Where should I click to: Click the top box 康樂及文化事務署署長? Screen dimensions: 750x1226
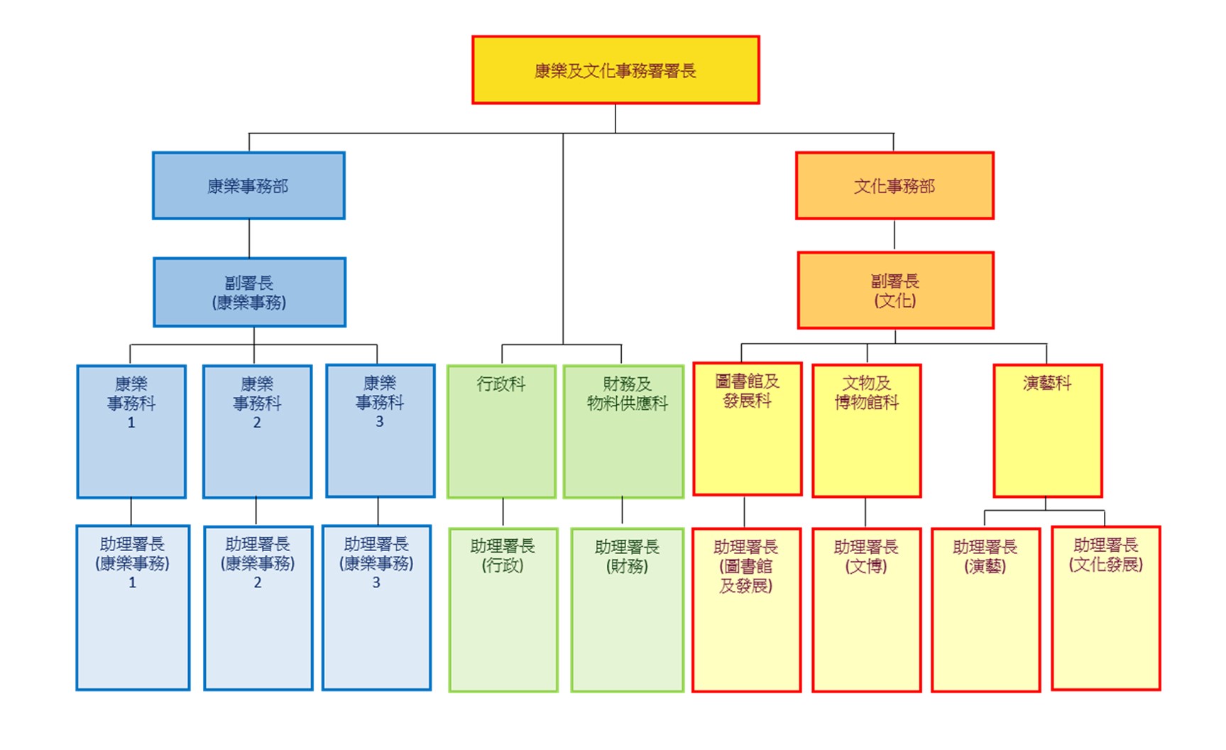(x=615, y=70)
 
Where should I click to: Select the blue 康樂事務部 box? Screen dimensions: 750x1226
(x=248, y=185)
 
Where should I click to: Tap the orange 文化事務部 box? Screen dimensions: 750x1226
(x=894, y=185)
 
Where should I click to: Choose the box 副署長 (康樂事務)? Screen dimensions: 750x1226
(x=249, y=292)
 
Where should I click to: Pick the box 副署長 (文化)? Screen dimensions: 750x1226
(x=895, y=290)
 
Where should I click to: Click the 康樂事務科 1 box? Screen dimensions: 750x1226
(x=131, y=431)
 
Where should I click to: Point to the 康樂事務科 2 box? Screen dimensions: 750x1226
(x=257, y=431)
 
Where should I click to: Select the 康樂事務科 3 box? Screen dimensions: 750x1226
(x=380, y=430)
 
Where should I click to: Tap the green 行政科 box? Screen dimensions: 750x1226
(x=501, y=431)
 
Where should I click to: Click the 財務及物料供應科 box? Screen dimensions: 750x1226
(x=623, y=431)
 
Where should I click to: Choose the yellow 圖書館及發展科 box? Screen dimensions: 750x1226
(x=747, y=429)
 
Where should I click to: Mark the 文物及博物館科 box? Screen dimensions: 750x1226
(x=866, y=430)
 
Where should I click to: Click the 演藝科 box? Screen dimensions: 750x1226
(x=1047, y=430)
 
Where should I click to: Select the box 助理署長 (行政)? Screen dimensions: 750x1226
(x=503, y=609)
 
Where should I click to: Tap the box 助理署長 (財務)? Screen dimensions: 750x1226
(x=627, y=609)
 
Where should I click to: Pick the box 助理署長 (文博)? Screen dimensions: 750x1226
(x=866, y=609)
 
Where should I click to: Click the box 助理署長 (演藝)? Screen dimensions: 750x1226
(x=985, y=609)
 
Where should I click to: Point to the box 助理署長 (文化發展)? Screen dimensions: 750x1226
(x=1105, y=608)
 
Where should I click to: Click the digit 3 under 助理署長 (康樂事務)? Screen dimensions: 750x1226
(x=376, y=582)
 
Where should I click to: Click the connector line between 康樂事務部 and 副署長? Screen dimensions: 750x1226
(x=249, y=239)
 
